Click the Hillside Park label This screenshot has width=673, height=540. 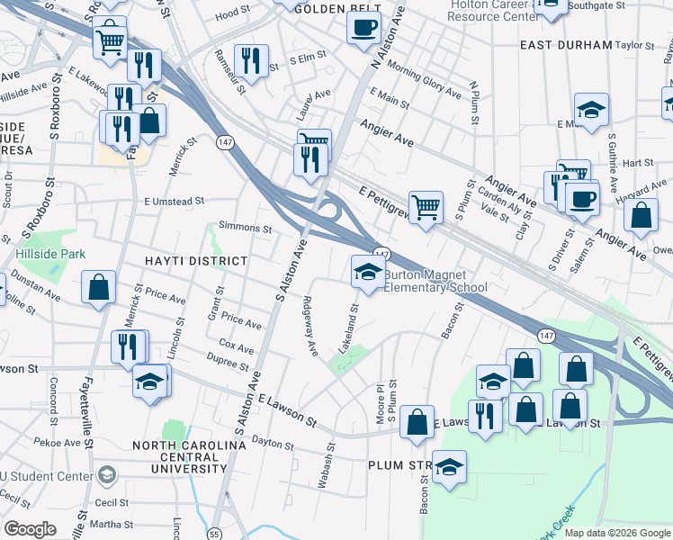(x=50, y=254)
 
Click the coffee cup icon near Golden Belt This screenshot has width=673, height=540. (x=363, y=26)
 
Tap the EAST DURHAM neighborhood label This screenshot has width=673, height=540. (x=565, y=45)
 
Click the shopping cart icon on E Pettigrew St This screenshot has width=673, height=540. (x=426, y=207)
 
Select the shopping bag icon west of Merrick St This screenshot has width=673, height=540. (x=98, y=288)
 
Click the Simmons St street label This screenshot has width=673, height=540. (x=245, y=229)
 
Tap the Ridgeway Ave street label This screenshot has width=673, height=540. (x=311, y=324)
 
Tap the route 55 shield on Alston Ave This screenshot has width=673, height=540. (x=213, y=534)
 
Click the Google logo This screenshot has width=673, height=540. (x=30, y=529)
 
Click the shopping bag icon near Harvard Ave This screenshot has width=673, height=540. (x=640, y=216)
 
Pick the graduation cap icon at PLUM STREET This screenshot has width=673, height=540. (x=449, y=467)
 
